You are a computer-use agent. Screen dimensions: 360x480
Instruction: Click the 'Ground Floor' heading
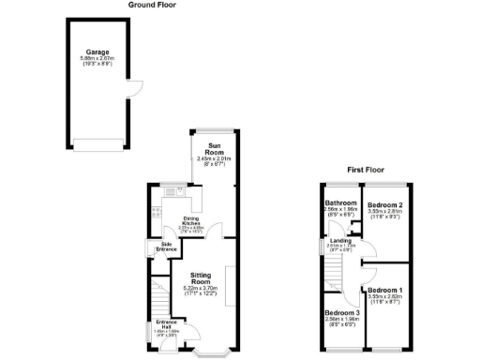(x=153, y=5)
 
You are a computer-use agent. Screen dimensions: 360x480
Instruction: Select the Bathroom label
(x=340, y=203)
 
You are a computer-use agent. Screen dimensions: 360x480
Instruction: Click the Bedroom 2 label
(x=385, y=204)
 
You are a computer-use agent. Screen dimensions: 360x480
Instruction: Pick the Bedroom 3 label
(x=342, y=312)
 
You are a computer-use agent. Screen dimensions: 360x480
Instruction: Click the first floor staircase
(x=333, y=277)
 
